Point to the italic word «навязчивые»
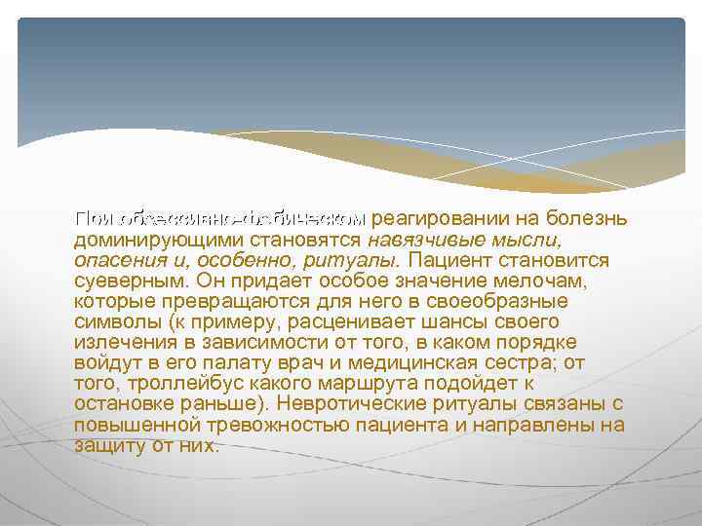coord(417,240)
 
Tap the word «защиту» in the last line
coord(106,446)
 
